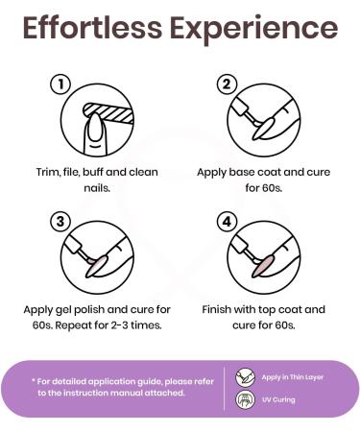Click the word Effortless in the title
click(x=92, y=28)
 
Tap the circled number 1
click(x=60, y=84)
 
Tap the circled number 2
click(x=227, y=84)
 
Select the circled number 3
click(x=60, y=222)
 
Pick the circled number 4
click(x=227, y=222)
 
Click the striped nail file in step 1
click(x=108, y=113)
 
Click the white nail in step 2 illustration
click(x=263, y=129)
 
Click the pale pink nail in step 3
click(x=97, y=266)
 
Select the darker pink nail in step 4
click(x=263, y=266)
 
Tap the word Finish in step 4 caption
click(x=217, y=309)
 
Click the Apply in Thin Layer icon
click(x=245, y=377)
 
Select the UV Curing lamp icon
click(x=245, y=399)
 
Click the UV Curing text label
click(x=278, y=399)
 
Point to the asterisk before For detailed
click(x=33, y=380)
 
